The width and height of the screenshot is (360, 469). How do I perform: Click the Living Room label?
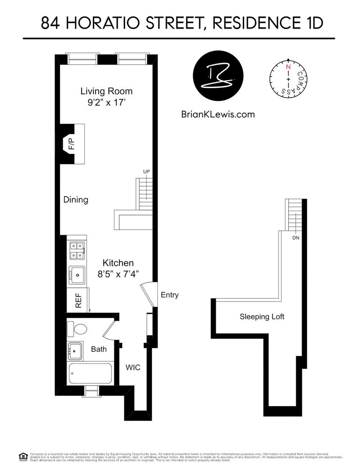106,91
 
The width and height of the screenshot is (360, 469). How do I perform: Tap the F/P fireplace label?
72,144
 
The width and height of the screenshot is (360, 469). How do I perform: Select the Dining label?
76,200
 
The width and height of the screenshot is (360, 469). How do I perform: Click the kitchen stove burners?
76,250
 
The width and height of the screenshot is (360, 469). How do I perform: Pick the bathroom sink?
75,349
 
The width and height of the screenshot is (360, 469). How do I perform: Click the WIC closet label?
133,367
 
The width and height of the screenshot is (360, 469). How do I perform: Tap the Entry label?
169,295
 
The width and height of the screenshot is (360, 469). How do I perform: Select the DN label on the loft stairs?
295,238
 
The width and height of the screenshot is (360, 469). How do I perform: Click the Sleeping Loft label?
262,317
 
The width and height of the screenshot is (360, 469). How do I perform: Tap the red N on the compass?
288,67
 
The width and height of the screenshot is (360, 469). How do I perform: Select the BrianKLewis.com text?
217,114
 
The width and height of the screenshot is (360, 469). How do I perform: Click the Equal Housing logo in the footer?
22,455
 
